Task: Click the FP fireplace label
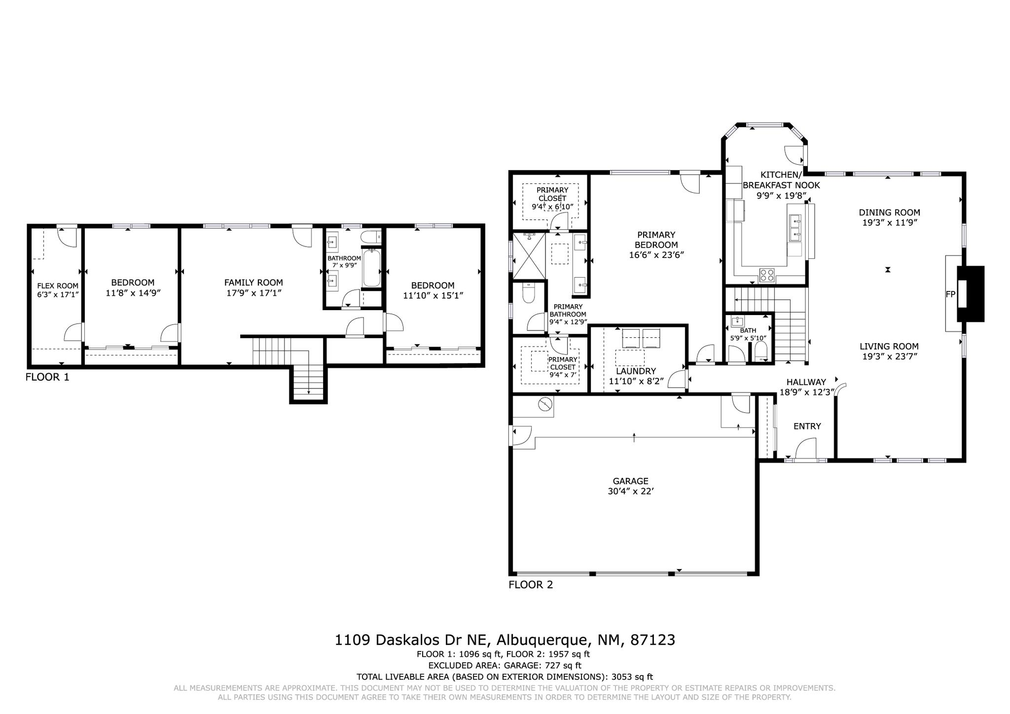(950, 294)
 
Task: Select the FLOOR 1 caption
(47, 377)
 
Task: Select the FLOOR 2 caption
(531, 585)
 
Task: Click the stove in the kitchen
(766, 275)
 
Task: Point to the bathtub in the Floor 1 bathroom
(370, 269)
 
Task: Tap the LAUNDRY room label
(636, 371)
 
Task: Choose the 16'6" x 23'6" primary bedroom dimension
(656, 255)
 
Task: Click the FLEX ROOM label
(58, 286)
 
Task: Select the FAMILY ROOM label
(253, 283)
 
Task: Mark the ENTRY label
(807, 426)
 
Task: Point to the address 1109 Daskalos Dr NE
(412, 640)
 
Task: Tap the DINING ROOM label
(889, 213)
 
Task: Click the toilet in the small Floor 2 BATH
(761, 352)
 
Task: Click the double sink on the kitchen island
(795, 227)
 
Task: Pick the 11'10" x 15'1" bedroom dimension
(433, 295)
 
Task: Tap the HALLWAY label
(806, 382)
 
